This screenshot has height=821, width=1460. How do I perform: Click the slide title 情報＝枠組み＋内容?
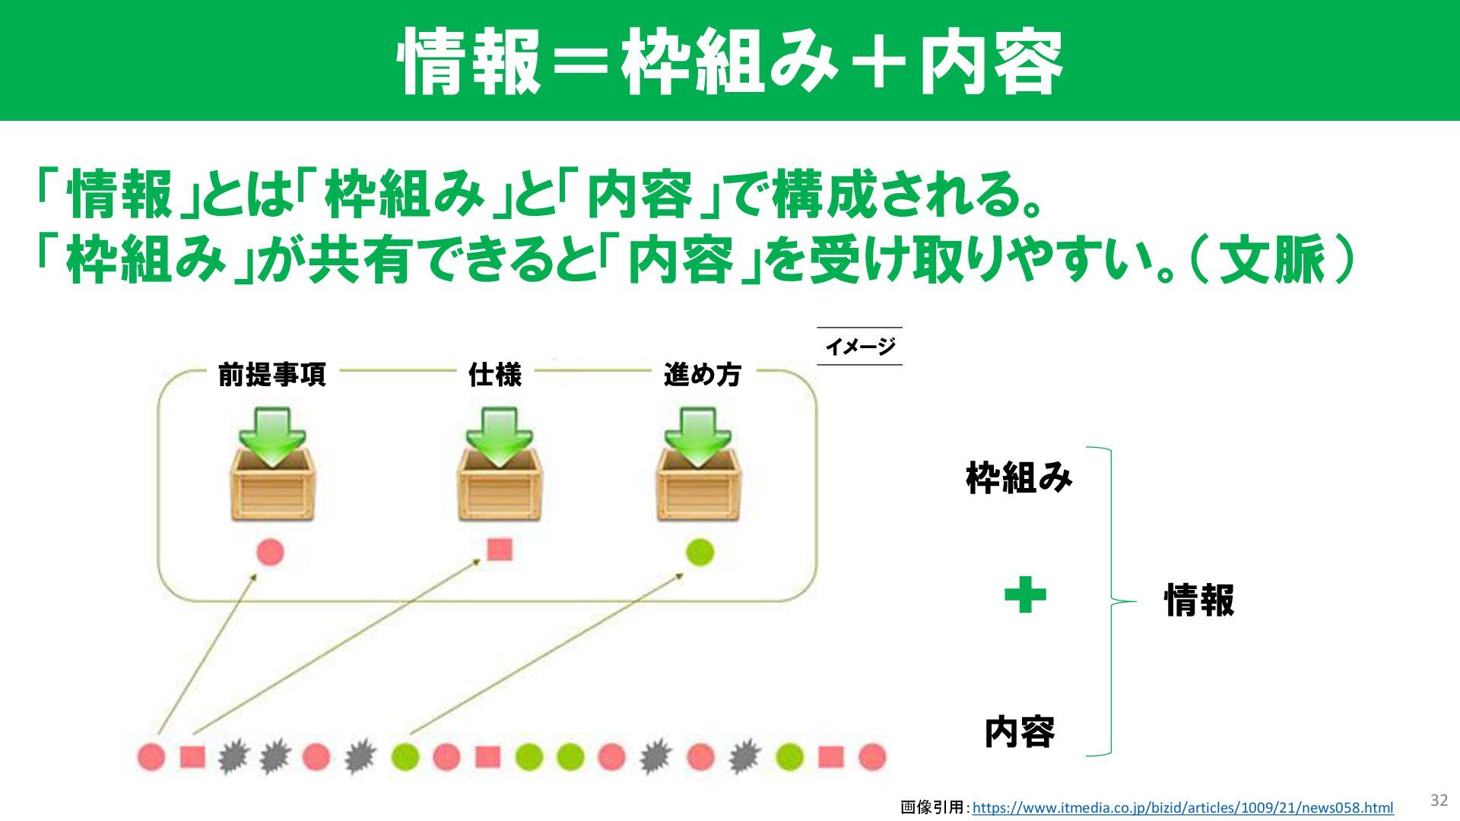730,61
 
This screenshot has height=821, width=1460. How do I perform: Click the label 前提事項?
271,375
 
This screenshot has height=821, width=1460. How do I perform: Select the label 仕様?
495,375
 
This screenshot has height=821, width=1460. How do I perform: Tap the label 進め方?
702,375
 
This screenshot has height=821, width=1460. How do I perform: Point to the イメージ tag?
860,347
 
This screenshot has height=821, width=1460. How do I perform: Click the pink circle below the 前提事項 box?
270,552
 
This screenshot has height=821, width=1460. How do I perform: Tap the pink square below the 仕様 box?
499,549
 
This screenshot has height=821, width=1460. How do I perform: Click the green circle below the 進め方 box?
700,552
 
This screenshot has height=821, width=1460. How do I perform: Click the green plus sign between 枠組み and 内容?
1025,595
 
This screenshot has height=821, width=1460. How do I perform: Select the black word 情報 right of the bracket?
1199,601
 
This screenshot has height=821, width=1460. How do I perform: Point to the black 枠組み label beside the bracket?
1019,478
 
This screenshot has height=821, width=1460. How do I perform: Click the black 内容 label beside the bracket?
1020,732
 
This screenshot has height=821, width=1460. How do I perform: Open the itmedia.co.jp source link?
1182,807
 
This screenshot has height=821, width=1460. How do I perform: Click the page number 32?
1439,800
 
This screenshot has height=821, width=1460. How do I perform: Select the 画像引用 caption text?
932,807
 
